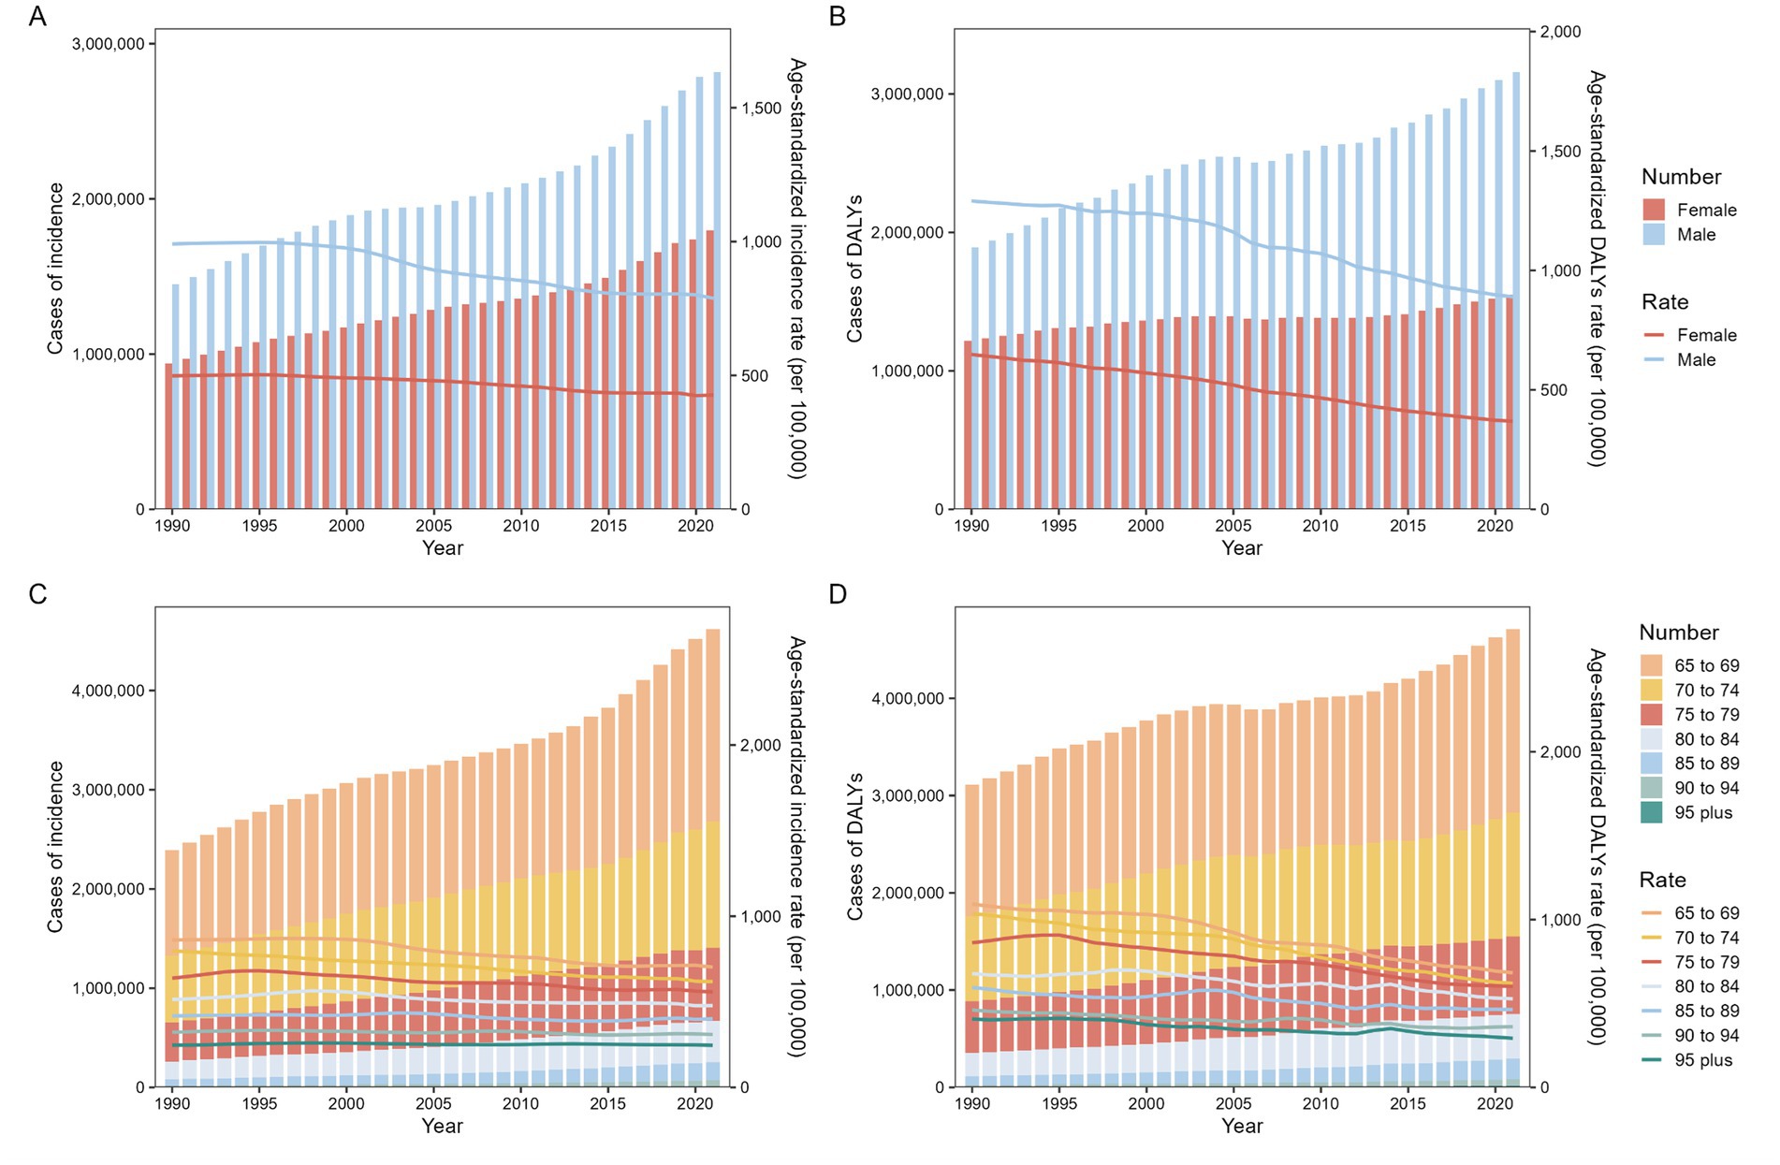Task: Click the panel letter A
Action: click(37, 17)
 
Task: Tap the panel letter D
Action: click(838, 594)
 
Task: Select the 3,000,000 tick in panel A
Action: click(109, 44)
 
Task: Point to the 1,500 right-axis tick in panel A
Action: click(762, 109)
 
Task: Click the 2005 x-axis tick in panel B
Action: click(1233, 526)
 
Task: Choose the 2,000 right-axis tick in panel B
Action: click(1561, 32)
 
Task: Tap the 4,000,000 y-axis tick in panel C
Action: click(109, 692)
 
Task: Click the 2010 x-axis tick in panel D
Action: click(1320, 1104)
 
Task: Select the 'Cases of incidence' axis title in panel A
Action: click(56, 269)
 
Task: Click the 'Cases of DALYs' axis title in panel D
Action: click(855, 847)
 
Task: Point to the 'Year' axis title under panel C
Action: click(442, 1126)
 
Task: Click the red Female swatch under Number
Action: click(1654, 210)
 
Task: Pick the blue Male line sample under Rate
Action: click(1654, 360)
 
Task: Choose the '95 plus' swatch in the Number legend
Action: click(1652, 813)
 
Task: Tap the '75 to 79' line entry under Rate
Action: click(1652, 962)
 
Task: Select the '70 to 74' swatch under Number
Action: click(1652, 691)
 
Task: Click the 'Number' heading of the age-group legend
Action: click(1679, 633)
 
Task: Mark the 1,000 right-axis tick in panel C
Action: click(762, 917)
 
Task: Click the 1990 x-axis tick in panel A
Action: click(172, 526)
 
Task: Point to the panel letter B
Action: click(838, 17)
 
